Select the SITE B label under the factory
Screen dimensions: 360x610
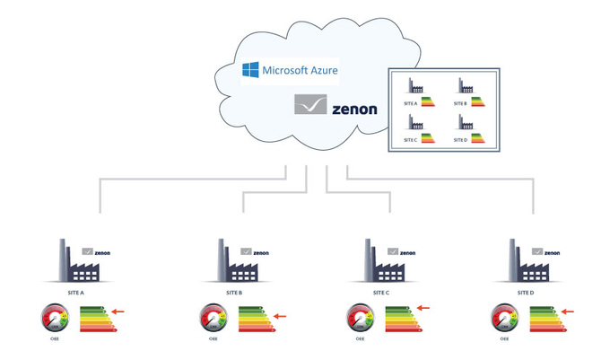[x=234, y=293]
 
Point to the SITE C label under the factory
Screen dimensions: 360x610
[x=380, y=293]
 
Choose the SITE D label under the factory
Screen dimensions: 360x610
[x=526, y=293]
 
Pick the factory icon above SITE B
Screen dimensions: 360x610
[x=231, y=263]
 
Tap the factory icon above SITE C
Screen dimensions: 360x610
[x=378, y=263]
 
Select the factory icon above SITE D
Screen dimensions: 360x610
[x=523, y=263]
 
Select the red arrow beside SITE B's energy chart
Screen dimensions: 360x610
[x=280, y=315]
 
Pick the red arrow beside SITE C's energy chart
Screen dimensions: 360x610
[x=423, y=308]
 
